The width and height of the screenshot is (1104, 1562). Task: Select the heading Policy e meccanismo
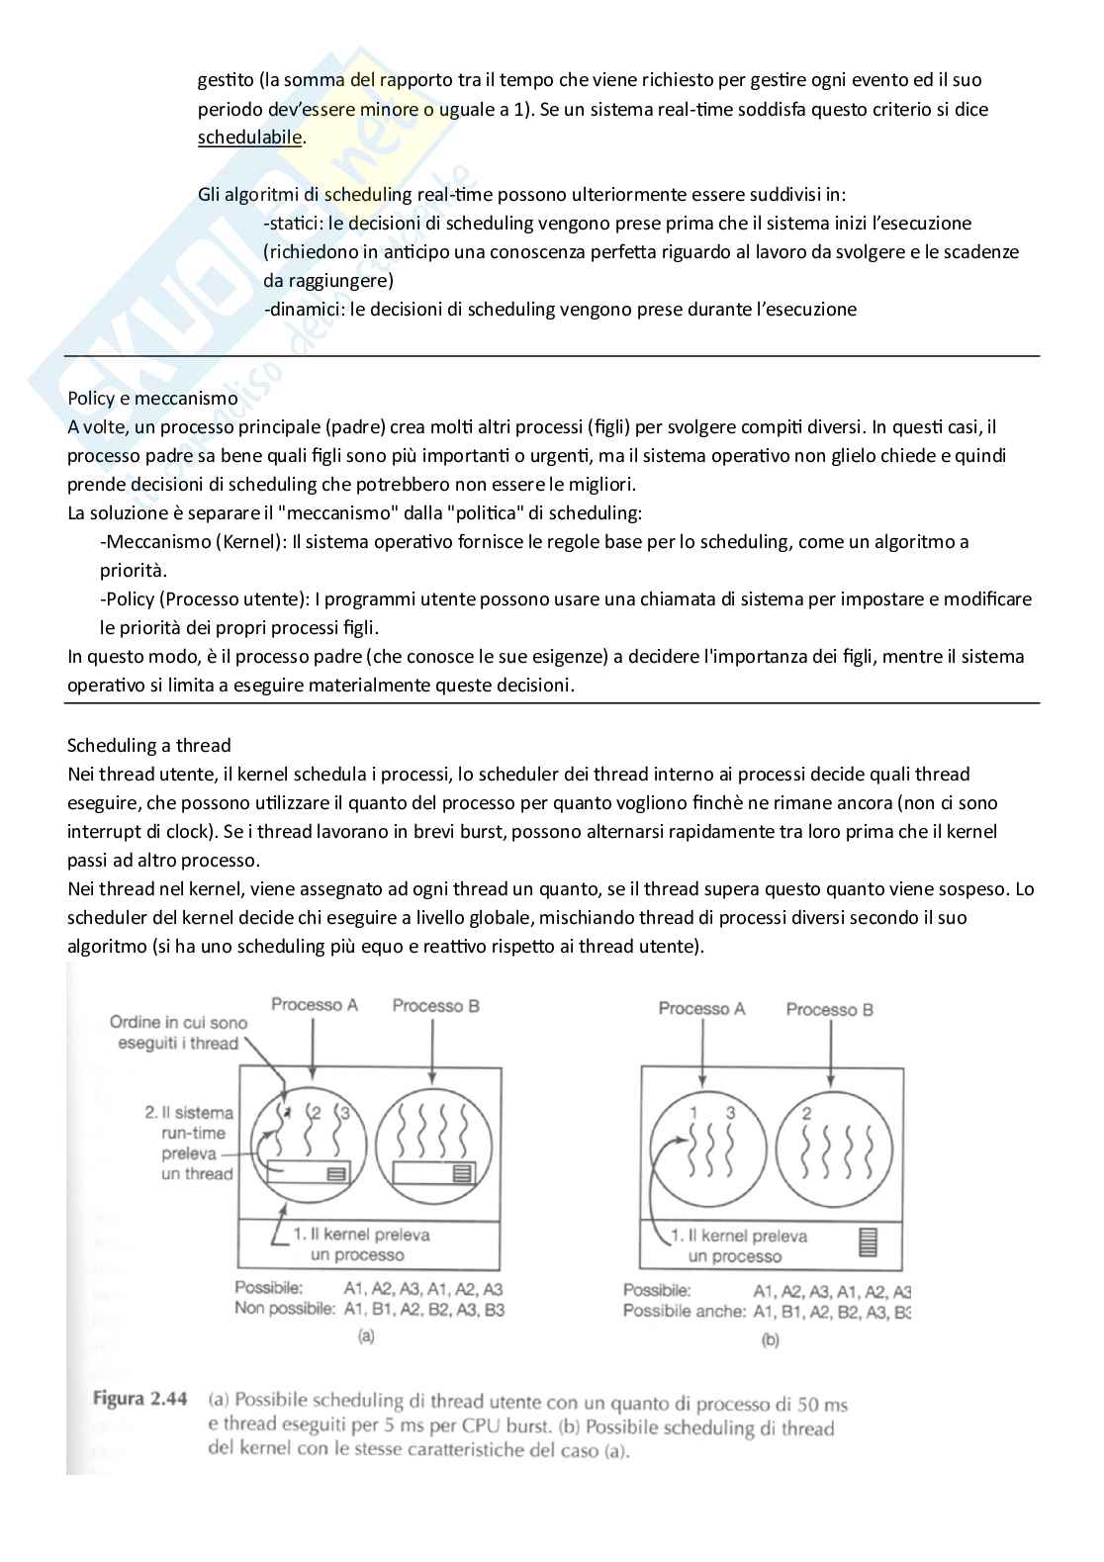(x=152, y=398)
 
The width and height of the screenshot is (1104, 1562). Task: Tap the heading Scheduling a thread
(x=148, y=745)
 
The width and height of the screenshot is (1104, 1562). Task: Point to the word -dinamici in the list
(x=303, y=309)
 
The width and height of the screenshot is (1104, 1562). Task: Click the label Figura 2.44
(x=139, y=1400)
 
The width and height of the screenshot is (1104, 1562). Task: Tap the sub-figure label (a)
(x=365, y=1335)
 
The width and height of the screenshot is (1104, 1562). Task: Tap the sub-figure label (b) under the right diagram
(x=770, y=1340)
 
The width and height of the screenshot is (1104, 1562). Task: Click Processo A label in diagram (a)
(x=315, y=1005)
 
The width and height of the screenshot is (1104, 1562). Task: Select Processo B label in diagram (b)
(x=829, y=1009)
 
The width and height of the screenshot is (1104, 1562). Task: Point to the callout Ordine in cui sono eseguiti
(x=178, y=1033)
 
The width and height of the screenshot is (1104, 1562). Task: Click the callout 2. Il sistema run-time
(x=189, y=1143)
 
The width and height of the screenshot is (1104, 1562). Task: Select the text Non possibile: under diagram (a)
(x=285, y=1309)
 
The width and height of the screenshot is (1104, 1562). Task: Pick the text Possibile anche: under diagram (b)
(x=684, y=1311)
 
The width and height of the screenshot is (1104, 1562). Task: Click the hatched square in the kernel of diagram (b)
(x=868, y=1241)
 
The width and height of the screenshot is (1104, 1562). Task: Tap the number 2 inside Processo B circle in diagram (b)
(x=806, y=1114)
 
